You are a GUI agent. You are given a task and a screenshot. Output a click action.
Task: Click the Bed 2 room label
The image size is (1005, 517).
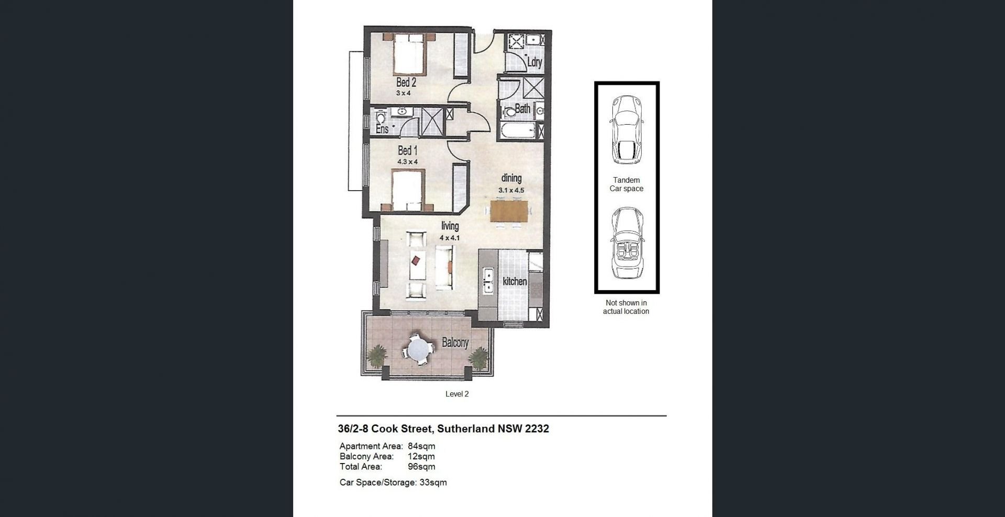coord(406,82)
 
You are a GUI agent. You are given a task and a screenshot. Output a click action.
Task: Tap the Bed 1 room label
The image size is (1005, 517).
coord(408,151)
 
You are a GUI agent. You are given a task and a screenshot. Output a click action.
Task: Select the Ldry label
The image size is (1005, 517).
coord(534,62)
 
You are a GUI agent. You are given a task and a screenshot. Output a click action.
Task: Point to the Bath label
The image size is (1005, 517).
coord(522,109)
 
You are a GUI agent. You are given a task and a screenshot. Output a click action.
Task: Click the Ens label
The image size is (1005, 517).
coord(382,128)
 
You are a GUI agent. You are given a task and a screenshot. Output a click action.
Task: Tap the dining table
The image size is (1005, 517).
coord(510,211)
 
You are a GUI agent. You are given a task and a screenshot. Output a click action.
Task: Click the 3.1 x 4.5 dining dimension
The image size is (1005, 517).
coord(511,191)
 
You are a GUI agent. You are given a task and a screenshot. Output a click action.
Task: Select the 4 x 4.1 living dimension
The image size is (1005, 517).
coord(450,238)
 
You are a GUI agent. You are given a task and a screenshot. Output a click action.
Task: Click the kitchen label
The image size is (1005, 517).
coord(515,281)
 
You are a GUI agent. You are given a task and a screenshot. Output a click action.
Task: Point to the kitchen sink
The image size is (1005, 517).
coord(488,280)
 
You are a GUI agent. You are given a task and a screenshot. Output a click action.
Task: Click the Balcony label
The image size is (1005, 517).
coord(455,343)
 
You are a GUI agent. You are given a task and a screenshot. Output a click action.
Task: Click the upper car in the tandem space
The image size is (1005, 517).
coord(626,128)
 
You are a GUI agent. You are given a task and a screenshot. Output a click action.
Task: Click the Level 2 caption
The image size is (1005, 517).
coord(457,394)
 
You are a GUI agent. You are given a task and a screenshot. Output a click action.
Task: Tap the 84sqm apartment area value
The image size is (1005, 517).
coord(421,446)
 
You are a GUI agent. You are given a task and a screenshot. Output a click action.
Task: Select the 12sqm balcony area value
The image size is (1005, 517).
coord(421,456)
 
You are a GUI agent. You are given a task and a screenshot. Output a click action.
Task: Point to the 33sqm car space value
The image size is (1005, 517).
coord(433,482)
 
